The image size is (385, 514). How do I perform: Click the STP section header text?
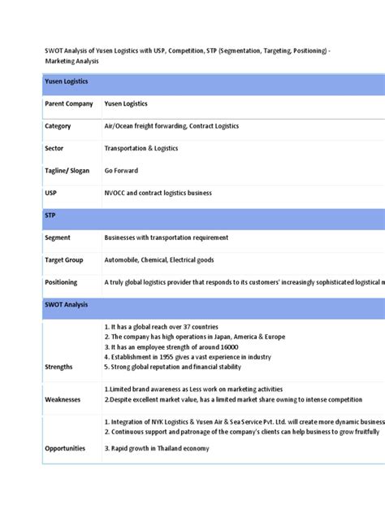pyautogui.click(x=50, y=216)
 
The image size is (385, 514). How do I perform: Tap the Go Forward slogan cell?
pyautogui.click(x=121, y=171)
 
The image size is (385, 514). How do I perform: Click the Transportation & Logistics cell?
pyautogui.click(x=141, y=149)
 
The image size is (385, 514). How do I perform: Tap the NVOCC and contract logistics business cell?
pyautogui.click(x=158, y=194)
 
